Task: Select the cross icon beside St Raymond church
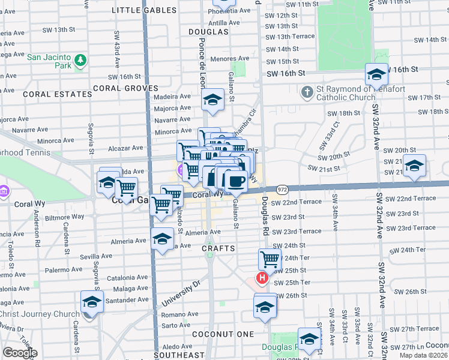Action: (307, 92)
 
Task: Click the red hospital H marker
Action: (262, 278)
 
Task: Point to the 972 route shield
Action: (283, 189)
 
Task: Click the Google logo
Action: (20, 353)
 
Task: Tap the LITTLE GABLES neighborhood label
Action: (145, 10)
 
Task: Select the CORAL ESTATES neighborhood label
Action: (50, 94)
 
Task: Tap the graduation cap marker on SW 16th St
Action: (376, 74)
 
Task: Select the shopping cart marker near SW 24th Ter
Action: (270, 260)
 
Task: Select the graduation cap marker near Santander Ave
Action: (92, 301)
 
